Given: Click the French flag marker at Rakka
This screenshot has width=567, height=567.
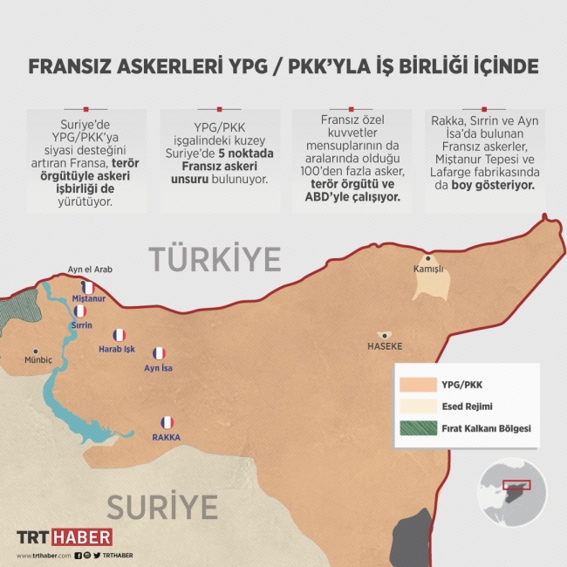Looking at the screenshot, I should pyautogui.click(x=167, y=422).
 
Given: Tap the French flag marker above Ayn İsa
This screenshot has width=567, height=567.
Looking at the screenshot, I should pyautogui.click(x=159, y=353).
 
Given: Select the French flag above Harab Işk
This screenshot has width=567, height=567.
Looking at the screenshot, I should pyautogui.click(x=120, y=335).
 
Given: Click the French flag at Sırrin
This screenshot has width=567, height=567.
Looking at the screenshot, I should pyautogui.click(x=80, y=311).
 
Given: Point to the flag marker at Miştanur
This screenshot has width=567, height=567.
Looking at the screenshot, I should pyautogui.click(x=87, y=287).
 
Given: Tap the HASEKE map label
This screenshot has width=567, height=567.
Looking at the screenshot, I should pyautogui.click(x=385, y=346).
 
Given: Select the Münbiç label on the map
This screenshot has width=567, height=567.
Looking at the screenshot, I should pyautogui.click(x=38, y=359).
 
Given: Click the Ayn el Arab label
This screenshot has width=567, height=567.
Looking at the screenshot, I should pyautogui.click(x=90, y=270).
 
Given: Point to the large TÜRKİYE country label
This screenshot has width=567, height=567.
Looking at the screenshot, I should pyautogui.click(x=215, y=258).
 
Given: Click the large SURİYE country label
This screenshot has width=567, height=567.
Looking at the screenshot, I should pyautogui.click(x=161, y=506).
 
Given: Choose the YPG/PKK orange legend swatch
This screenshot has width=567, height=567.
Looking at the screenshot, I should pyautogui.click(x=417, y=384).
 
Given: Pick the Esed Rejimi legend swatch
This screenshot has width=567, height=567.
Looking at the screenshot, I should pyautogui.click(x=417, y=406).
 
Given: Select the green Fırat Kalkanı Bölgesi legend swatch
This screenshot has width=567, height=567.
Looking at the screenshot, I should pyautogui.click(x=417, y=428).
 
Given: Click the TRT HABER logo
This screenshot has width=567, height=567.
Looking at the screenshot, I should pyautogui.click(x=65, y=537).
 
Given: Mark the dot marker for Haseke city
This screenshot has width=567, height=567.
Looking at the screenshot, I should pyautogui.click(x=384, y=335).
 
